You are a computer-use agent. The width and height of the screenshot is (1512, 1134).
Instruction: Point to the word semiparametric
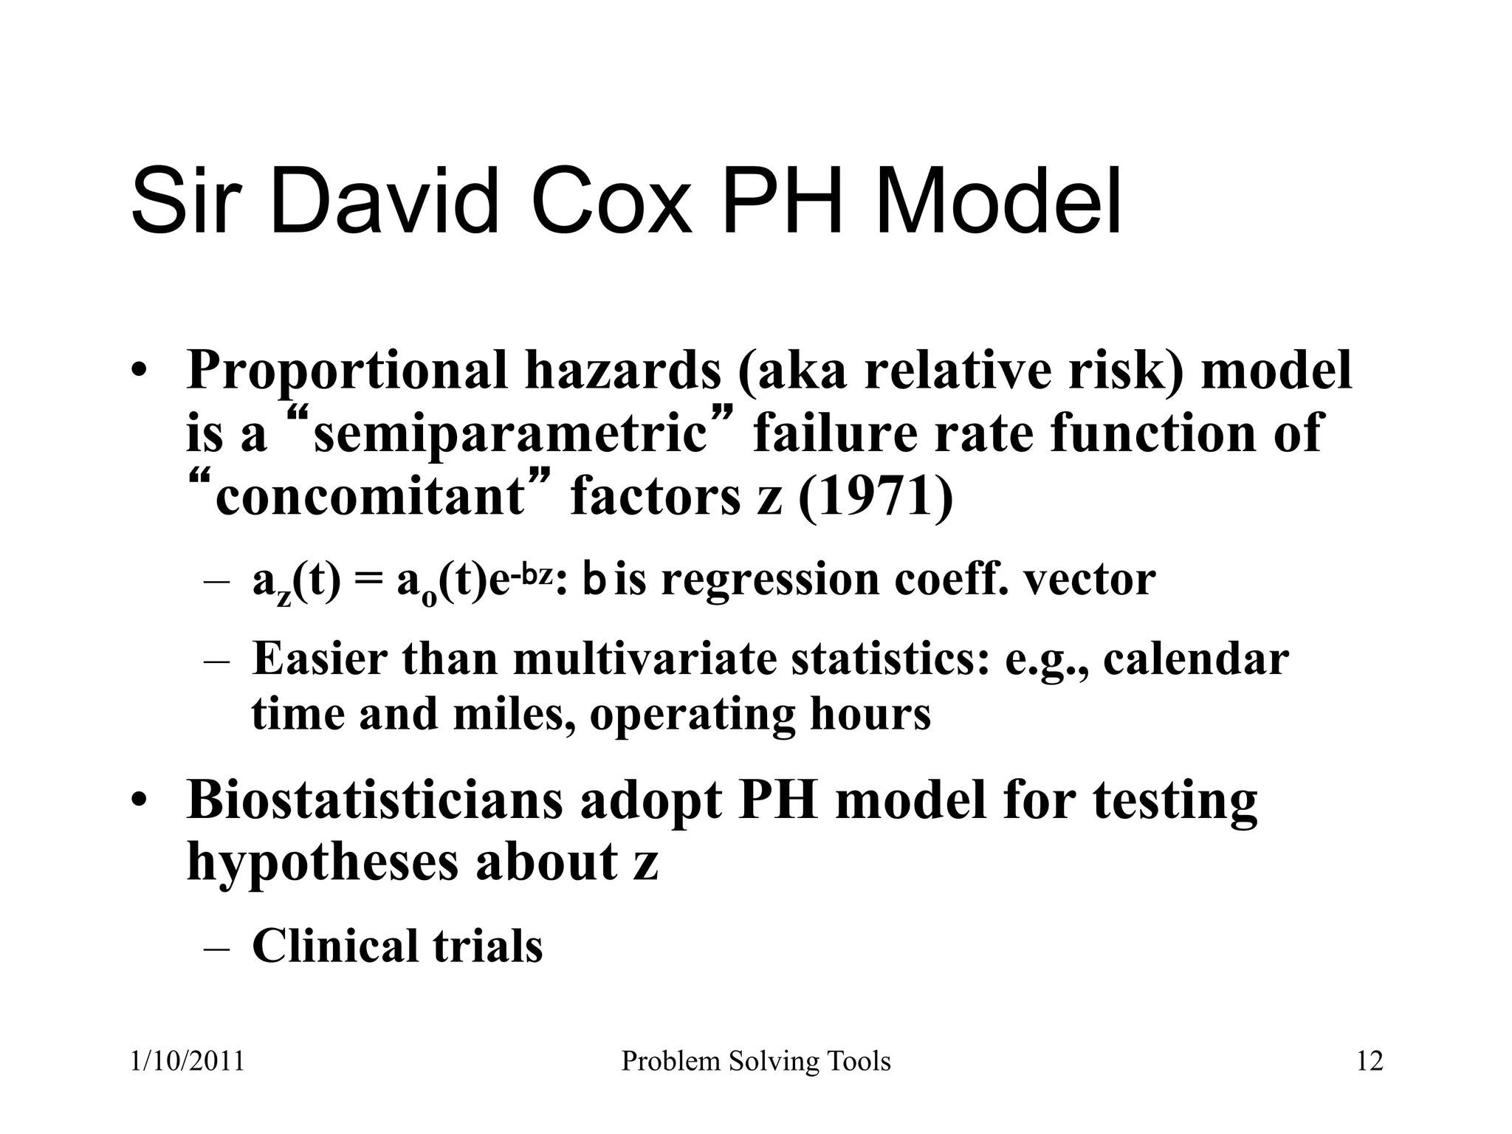510,434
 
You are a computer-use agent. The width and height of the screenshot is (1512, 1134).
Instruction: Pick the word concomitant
369,497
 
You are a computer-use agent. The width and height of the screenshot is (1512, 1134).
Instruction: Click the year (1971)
876,497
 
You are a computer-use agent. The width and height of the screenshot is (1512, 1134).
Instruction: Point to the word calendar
1196,659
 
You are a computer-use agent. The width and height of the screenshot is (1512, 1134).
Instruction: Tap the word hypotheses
322,862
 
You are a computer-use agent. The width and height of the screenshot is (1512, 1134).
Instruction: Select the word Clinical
334,946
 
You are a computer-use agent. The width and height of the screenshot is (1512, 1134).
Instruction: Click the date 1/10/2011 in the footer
187,1062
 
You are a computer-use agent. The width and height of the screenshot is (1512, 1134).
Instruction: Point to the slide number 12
1370,1062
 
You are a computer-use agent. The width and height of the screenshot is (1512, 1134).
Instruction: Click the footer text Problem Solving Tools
756,1062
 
